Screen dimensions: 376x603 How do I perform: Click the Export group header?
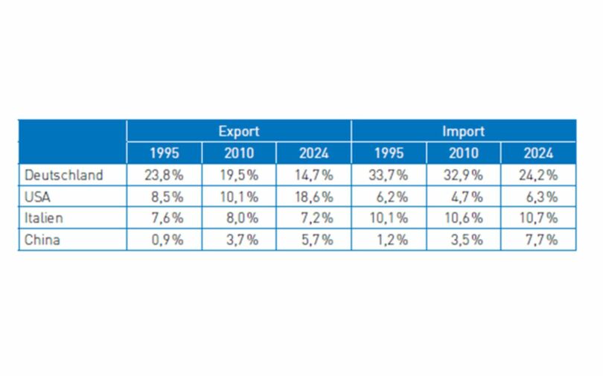tap(238, 131)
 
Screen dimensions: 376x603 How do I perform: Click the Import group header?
tap(463, 131)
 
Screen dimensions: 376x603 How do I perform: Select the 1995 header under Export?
tap(164, 153)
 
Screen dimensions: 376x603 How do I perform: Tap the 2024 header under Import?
tap(538, 153)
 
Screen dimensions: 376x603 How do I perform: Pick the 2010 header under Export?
tap(238, 153)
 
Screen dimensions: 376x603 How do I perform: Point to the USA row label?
tap(38, 197)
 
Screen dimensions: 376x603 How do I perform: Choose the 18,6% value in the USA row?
tap(313, 197)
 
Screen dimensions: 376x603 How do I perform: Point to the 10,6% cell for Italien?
tap(464, 219)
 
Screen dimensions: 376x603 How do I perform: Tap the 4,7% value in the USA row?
tap(464, 197)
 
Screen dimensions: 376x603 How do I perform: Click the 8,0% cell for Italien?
tap(238, 219)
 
